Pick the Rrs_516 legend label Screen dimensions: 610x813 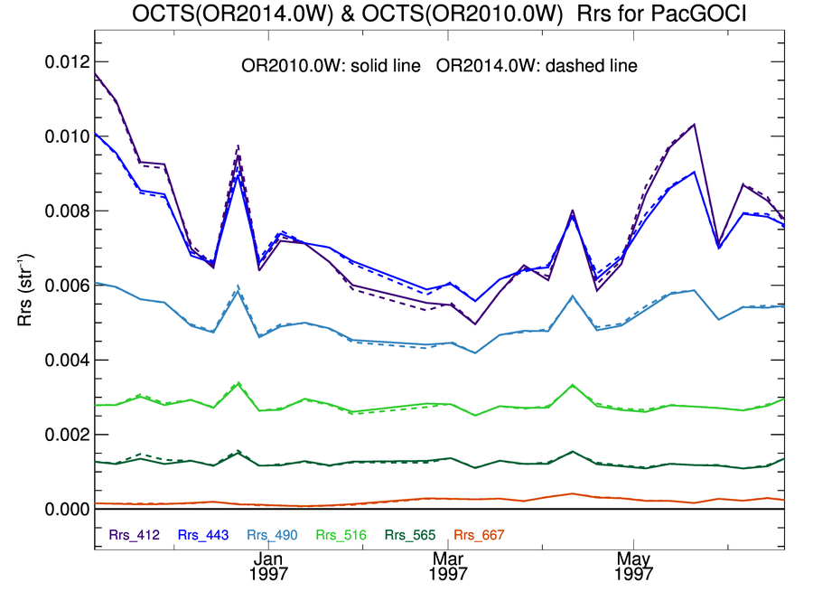[341, 535]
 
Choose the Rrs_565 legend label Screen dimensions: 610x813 [410, 535]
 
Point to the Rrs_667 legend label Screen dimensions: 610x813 [479, 535]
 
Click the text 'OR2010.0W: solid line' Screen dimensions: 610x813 [331, 66]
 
